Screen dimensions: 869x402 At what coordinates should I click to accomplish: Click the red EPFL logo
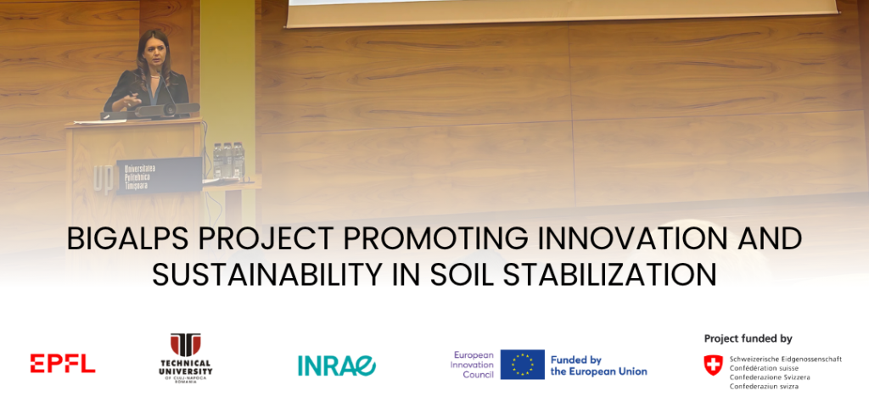[63, 363]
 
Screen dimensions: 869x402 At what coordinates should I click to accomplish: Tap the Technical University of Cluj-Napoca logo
[186, 358]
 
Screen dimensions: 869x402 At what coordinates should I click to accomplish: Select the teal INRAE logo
[337, 365]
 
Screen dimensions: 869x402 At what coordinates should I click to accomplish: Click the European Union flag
[522, 365]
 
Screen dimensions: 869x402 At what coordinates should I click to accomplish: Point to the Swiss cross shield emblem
[713, 366]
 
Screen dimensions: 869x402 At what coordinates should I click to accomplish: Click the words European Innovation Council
[474, 365]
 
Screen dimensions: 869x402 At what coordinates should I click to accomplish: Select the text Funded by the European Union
[598, 366]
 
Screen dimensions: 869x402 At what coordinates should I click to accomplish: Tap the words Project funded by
[748, 338]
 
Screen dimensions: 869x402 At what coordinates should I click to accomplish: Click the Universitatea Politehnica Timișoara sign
[159, 176]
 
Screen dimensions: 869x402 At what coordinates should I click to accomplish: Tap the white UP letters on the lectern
[104, 177]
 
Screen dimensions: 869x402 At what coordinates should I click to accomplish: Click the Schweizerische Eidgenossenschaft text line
[786, 359]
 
